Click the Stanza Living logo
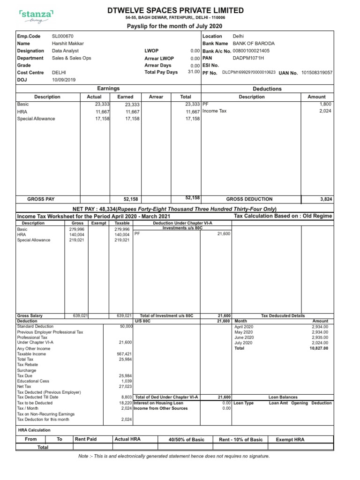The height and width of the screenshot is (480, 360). click(36, 17)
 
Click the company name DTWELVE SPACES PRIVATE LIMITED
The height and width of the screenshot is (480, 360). click(175, 10)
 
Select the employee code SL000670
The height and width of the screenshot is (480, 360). click(62, 36)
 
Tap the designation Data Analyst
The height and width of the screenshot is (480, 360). click(65, 51)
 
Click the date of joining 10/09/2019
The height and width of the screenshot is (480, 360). click(63, 80)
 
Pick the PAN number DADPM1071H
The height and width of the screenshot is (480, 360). click(248, 58)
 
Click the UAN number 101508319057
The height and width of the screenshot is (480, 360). click(317, 73)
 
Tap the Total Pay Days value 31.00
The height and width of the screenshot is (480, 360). click(194, 72)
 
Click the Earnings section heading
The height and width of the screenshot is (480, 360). click(108, 88)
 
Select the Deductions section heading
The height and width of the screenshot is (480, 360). click(267, 89)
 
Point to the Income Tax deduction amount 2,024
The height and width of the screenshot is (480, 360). click(325, 111)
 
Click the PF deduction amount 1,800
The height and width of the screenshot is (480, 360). click(326, 104)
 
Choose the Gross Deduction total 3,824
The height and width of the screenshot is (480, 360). click(326, 199)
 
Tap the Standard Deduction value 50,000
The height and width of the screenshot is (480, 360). click(126, 326)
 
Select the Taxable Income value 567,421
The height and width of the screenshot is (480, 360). click(124, 354)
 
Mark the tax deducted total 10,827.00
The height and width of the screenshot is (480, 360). click(319, 348)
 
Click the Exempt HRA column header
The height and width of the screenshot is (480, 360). click(290, 439)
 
